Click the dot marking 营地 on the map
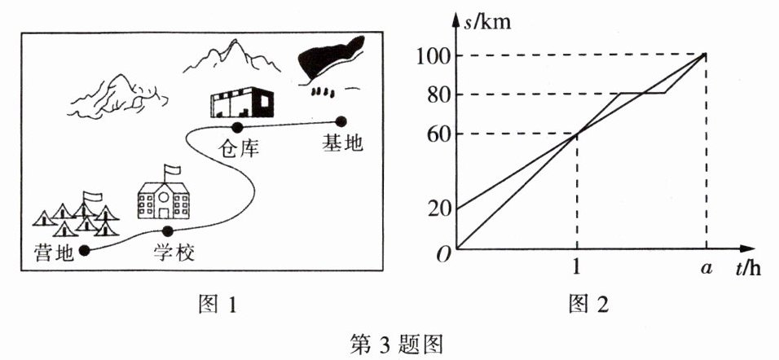coord(85,250)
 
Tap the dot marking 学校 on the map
coord(167,230)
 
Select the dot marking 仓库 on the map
coord(237,127)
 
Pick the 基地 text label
coord(341,144)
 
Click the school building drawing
coord(164,200)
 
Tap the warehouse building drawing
coord(242,103)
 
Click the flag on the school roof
coord(171,169)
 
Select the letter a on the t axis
coord(706,268)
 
